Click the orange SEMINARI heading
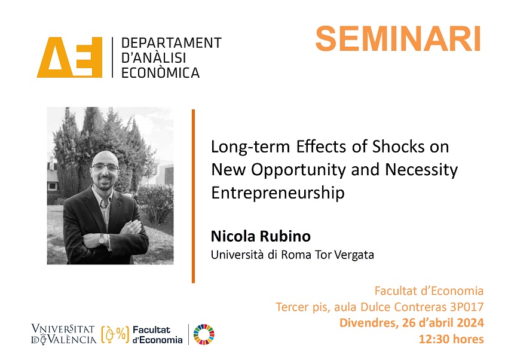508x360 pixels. click(x=398, y=39)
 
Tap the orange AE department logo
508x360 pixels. click(x=70, y=57)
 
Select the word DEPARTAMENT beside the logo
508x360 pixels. click(x=172, y=43)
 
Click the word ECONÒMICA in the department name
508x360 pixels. click(x=160, y=72)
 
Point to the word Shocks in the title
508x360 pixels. click(x=398, y=147)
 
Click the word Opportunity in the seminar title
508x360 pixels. click(x=299, y=170)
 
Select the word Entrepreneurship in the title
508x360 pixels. click(x=278, y=193)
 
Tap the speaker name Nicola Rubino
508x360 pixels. click(x=261, y=236)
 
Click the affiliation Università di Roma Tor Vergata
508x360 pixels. click(x=292, y=255)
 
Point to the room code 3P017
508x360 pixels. click(x=467, y=307)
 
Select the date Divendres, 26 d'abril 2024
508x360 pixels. click(x=411, y=323)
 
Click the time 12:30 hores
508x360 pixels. click(x=451, y=339)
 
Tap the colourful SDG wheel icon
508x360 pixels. click(x=204, y=334)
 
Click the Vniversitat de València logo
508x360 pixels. click(x=64, y=334)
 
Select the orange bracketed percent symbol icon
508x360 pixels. click(x=115, y=334)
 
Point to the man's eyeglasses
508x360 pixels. click(x=105, y=167)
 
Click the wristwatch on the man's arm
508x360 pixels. click(x=102, y=240)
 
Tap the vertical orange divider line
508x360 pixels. click(x=194, y=196)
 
